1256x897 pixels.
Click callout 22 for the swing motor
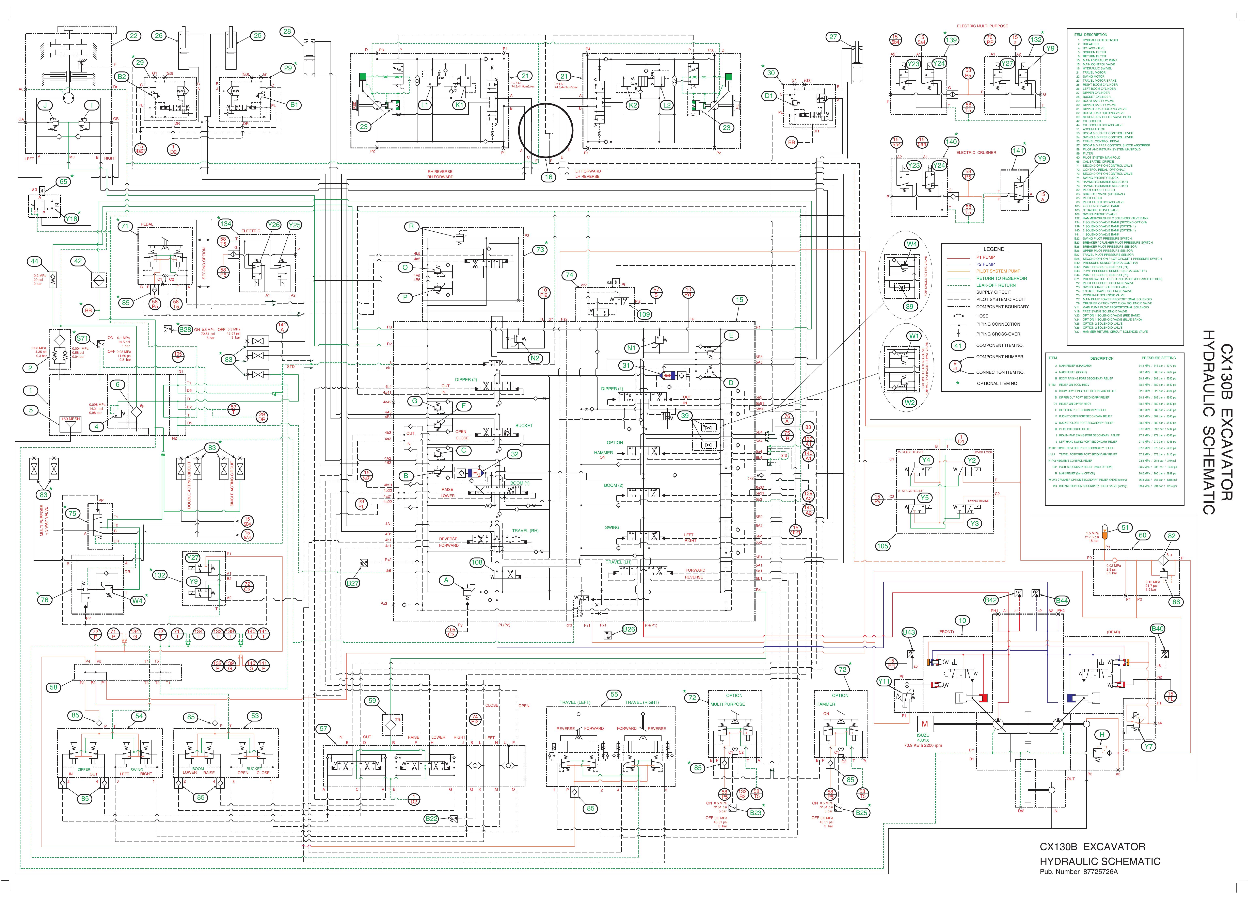133,36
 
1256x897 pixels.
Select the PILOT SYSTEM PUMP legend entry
998,271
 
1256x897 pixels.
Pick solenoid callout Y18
71,219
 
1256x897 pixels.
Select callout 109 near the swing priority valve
644,314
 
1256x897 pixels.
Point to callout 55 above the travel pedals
614,695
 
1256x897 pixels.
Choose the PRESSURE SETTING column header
1158,358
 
